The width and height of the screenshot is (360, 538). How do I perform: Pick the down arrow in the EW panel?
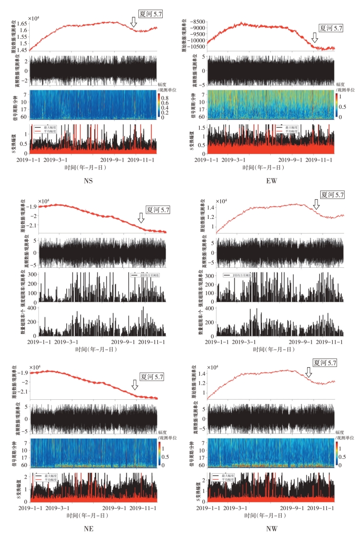pyautogui.click(x=314, y=38)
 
